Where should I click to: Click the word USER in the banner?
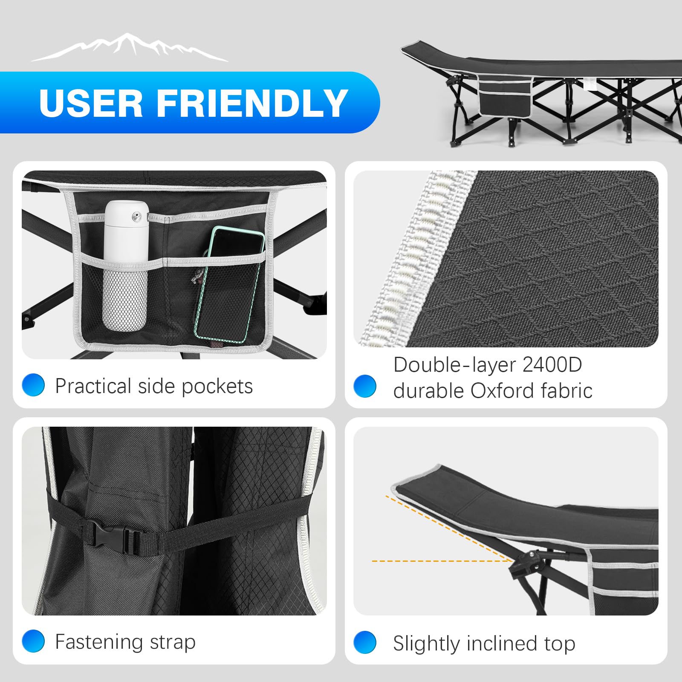click(x=91, y=103)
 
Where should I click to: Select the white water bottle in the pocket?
click(x=126, y=266)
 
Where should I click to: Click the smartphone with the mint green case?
click(x=229, y=284)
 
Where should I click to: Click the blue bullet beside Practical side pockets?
click(x=33, y=385)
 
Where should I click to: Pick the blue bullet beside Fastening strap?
click(x=33, y=641)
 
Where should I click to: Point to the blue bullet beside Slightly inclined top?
click(x=365, y=642)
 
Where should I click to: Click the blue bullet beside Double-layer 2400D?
click(x=365, y=386)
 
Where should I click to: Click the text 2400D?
click(x=552, y=365)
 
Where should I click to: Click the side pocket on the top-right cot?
click(x=505, y=96)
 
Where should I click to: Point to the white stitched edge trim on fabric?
click(x=416, y=258)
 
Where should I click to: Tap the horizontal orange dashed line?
click(x=442, y=561)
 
